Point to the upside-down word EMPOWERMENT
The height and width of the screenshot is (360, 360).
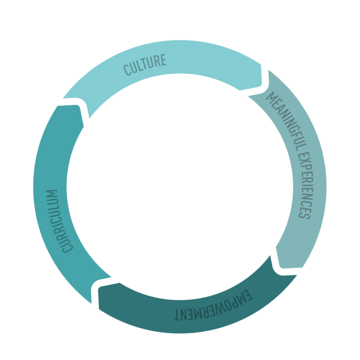coord(212,307)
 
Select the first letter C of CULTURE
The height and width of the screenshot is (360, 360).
coord(127,70)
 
